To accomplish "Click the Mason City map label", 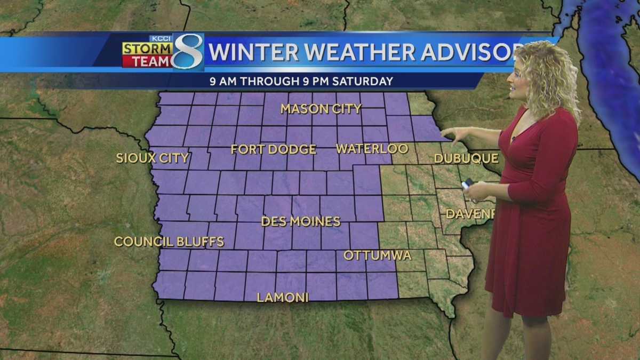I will click(321, 109).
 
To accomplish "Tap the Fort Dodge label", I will click(273, 149).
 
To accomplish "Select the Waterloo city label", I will click(372, 149).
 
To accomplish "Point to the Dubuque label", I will click(466, 158).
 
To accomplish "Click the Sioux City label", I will click(153, 158).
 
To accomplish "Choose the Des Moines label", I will click(300, 221).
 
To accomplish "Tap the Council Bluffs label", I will click(169, 242).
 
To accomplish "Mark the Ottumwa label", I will click(377, 255).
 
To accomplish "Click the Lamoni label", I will click(283, 298).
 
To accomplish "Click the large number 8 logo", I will click(188, 52).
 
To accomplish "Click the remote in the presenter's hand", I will click(467, 183).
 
